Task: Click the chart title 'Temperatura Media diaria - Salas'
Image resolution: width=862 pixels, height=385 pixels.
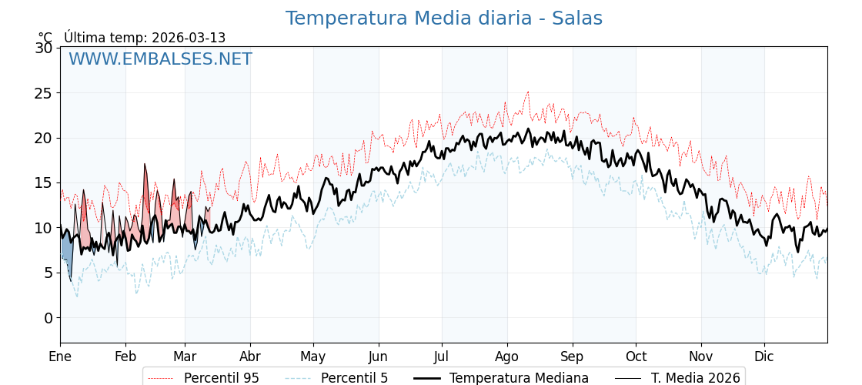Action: point(443,18)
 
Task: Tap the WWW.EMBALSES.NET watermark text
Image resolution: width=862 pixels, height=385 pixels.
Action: point(160,59)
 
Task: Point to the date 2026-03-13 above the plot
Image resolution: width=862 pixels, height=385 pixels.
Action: point(189,38)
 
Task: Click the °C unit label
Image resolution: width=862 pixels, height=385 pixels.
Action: point(45,38)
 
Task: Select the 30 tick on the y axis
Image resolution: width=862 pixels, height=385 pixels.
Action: point(44,48)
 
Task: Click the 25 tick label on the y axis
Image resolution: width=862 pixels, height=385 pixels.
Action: point(44,93)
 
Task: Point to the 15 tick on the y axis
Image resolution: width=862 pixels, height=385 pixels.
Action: point(44,183)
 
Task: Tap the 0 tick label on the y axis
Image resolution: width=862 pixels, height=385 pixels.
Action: point(48,318)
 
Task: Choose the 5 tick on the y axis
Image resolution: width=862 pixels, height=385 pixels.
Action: point(48,273)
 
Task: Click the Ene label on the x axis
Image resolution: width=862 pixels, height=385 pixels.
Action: point(60,357)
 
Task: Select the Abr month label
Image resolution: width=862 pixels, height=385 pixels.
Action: point(250,357)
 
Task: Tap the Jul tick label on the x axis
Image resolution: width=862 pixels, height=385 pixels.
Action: point(442,357)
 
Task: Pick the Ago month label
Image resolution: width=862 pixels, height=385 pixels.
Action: point(507,357)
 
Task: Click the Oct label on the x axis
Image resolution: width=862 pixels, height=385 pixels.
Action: point(636,357)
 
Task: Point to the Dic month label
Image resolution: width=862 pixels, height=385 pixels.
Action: point(764,357)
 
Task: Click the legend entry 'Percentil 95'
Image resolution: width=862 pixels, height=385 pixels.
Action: point(221,378)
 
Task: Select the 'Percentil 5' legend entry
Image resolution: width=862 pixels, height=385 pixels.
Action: point(354,378)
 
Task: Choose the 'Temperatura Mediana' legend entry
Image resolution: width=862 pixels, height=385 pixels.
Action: point(519,378)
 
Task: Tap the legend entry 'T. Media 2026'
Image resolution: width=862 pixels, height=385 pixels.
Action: point(695,378)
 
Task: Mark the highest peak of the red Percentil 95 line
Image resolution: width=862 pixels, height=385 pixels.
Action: point(528,92)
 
